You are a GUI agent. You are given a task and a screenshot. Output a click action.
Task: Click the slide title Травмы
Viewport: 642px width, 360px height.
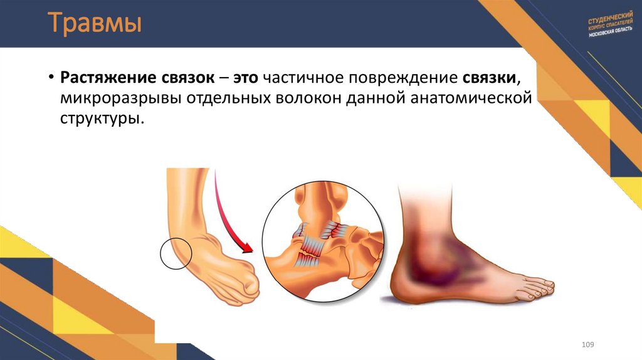point(95,24)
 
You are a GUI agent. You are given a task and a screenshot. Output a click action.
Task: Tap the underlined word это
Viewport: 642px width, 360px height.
point(246,79)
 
